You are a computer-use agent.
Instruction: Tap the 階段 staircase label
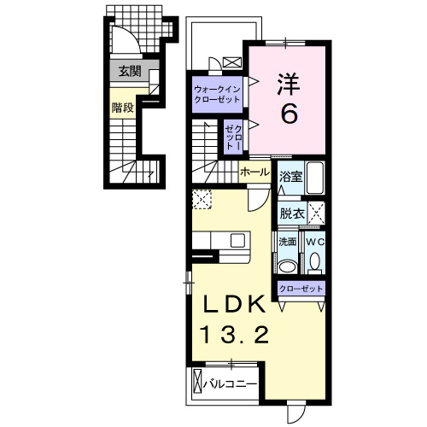(121, 108)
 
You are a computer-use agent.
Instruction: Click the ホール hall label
(254, 172)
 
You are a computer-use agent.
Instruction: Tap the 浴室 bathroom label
(291, 177)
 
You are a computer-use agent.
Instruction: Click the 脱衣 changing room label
(292, 213)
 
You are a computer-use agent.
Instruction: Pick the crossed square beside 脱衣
(315, 213)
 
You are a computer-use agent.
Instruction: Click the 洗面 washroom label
(287, 242)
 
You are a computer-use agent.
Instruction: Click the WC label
(314, 242)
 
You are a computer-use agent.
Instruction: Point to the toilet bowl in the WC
(314, 265)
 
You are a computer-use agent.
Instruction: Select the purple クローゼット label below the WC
(301, 290)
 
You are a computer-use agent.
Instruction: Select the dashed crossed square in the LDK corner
(202, 200)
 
